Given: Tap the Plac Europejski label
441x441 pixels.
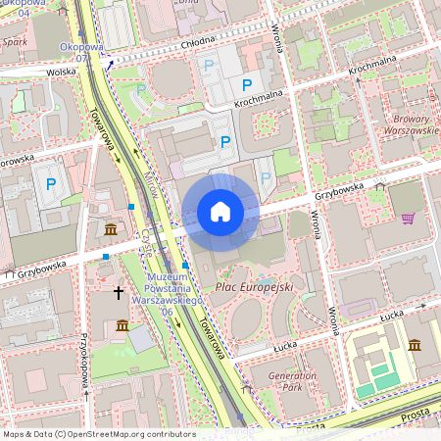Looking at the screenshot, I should tap(253, 287).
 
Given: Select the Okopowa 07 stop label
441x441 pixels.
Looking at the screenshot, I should tap(80, 52).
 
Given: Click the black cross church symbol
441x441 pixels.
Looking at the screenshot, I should tap(119, 292).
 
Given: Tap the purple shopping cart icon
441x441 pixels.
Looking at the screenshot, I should tap(408, 218).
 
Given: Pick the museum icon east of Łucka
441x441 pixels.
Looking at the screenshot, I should tap(415, 345).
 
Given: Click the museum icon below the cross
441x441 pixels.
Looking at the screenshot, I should tap(122, 324).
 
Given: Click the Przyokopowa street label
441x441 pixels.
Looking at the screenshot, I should tap(85, 359).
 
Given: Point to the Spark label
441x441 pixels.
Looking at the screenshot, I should tap(14, 43).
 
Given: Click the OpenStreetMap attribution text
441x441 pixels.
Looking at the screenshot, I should tap(98, 433).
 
